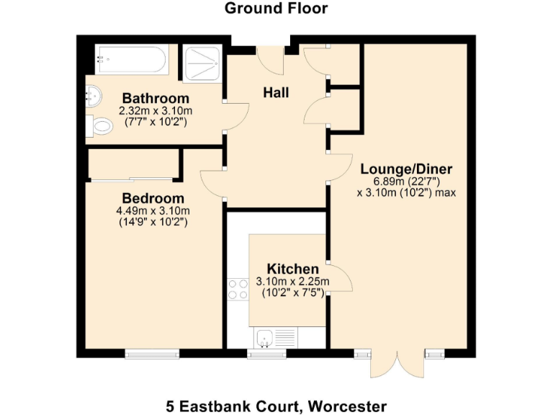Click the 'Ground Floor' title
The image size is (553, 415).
click(276, 9)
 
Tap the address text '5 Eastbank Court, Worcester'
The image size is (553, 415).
click(276, 405)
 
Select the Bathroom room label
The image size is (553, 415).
click(156, 98)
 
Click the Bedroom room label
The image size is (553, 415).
click(153, 198)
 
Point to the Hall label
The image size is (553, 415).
click(276, 93)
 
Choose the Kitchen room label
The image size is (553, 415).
click(292, 269)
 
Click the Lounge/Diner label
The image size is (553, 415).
click(406, 169)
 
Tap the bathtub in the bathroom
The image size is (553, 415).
click(132, 59)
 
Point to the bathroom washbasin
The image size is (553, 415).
click(93, 94)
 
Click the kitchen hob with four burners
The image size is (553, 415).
click(237, 289)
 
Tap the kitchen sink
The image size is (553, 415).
click(265, 336)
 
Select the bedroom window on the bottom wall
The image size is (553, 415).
click(152, 353)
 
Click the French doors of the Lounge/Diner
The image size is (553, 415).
click(397, 364)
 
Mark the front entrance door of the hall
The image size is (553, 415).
click(272, 59)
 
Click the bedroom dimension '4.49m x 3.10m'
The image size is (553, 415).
click(153, 210)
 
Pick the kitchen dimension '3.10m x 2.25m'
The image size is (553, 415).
click(292, 282)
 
